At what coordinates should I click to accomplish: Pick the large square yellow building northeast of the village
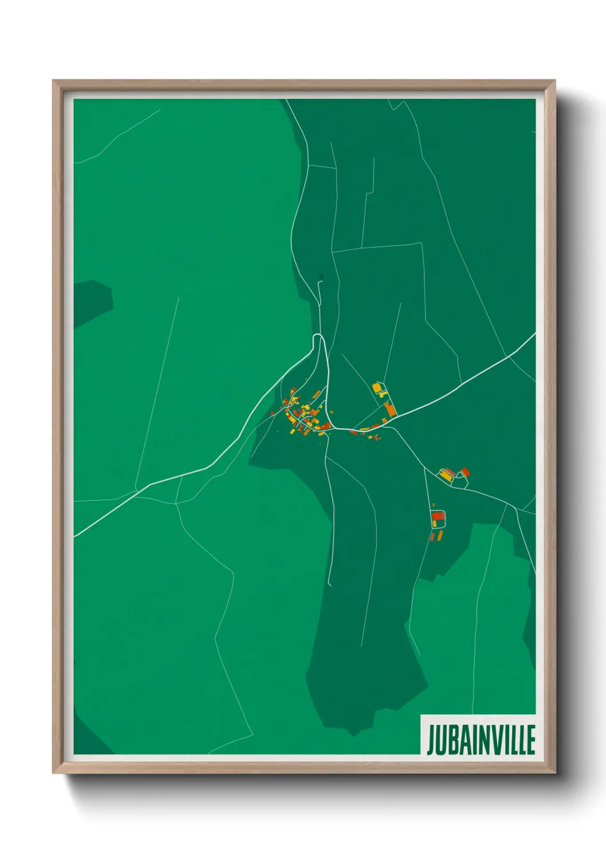tap(376, 388)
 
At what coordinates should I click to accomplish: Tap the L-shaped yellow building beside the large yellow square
tap(383, 394)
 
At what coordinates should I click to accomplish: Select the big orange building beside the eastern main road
tap(390, 409)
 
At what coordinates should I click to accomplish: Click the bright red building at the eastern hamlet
tap(465, 472)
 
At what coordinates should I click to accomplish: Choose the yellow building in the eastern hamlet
tap(445, 475)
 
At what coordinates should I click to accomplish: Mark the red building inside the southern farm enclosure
tap(438, 516)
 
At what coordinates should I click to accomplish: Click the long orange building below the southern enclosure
tap(440, 535)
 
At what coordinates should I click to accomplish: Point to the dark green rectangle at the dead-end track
tap(321, 277)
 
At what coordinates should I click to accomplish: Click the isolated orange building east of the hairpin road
tap(330, 411)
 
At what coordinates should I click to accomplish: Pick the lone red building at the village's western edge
tap(272, 413)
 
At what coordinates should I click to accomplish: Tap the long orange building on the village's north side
tap(316, 394)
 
